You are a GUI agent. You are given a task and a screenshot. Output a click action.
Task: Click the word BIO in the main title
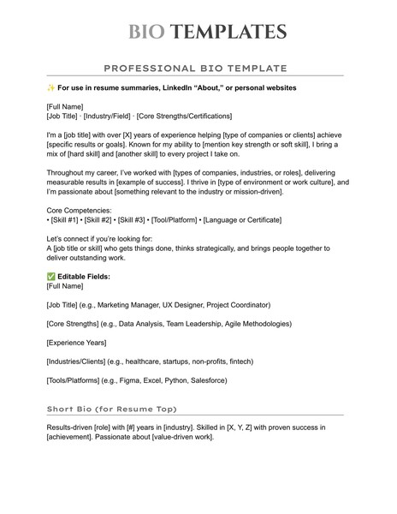point(145,33)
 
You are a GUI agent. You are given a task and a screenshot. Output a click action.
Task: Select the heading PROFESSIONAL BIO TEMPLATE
point(195,68)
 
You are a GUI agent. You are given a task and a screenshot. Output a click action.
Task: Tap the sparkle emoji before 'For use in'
point(50,87)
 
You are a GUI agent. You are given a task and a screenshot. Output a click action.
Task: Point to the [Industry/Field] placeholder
point(108,115)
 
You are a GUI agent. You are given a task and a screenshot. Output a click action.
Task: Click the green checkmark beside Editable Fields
point(50,278)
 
